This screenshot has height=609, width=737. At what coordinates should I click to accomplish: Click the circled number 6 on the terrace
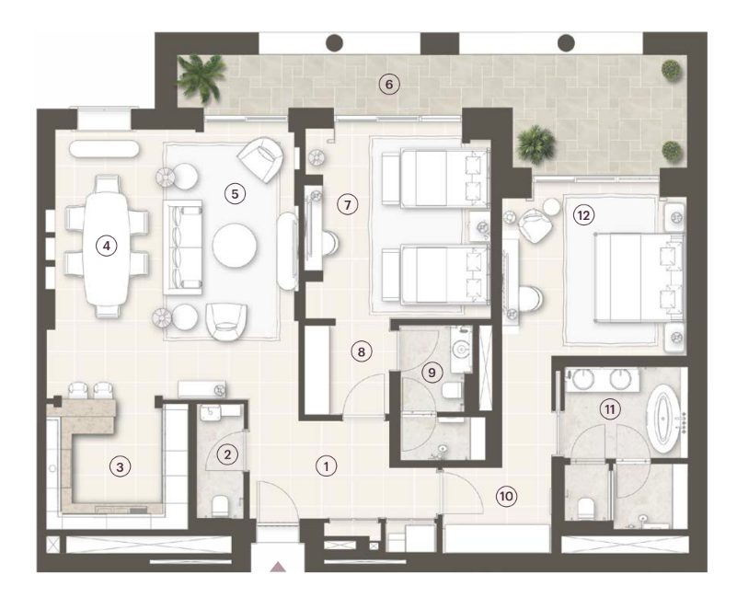point(388,85)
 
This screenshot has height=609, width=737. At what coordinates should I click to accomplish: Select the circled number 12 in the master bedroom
point(583,215)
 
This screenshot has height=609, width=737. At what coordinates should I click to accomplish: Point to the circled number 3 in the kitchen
point(120,466)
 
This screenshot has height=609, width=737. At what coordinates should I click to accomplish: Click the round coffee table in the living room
point(235,246)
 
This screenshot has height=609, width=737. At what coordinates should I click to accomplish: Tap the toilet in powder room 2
point(220,505)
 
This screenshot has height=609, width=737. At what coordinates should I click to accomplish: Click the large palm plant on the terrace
point(202,77)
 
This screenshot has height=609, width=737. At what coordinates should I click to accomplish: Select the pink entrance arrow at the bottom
point(278,567)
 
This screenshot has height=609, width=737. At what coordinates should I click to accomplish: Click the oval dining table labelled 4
point(107,247)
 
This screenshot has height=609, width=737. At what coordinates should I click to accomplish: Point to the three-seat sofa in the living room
point(183,247)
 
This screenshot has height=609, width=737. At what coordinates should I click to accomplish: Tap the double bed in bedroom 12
point(639,278)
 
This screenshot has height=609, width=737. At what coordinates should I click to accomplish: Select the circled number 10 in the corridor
point(506,496)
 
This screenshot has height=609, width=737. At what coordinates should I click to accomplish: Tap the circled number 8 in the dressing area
point(361,351)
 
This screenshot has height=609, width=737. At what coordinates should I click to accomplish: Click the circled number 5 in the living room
point(235,193)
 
